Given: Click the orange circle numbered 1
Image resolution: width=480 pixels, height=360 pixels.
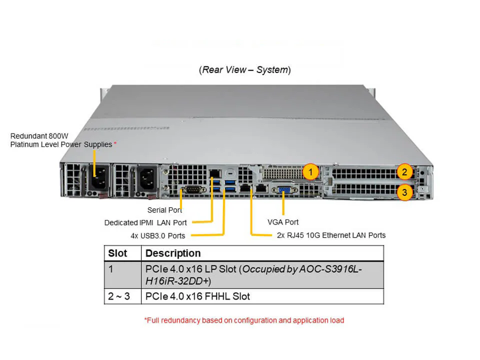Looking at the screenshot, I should pyautogui.click(x=310, y=172).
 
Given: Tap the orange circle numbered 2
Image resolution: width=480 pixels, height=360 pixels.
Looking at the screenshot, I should pyautogui.click(x=404, y=172).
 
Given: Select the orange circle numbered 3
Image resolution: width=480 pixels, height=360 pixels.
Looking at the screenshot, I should pyautogui.click(x=404, y=192).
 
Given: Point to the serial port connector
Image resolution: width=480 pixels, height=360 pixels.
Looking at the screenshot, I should pyautogui.click(x=192, y=189).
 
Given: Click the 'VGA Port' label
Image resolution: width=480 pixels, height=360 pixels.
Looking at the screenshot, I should pyautogui.click(x=283, y=221).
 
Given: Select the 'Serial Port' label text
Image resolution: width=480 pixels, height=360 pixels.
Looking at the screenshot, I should pyautogui.click(x=164, y=210).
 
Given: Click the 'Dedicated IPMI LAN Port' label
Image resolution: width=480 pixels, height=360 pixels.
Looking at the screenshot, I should pyautogui.click(x=145, y=222).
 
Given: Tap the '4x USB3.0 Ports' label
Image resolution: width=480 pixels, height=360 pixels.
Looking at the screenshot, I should pyautogui.click(x=154, y=235).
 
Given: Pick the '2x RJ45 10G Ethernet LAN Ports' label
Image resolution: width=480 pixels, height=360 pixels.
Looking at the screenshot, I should pyautogui.click(x=331, y=235).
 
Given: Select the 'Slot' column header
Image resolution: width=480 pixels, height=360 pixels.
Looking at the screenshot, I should pyautogui.click(x=117, y=253).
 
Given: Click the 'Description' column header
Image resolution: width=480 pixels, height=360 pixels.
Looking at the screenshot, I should pyautogui.click(x=173, y=253).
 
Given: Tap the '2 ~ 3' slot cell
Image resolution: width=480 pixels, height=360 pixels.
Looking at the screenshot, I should pyautogui.click(x=118, y=296).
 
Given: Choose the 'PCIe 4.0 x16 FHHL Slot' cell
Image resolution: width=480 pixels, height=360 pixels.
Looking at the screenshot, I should pyautogui.click(x=197, y=296).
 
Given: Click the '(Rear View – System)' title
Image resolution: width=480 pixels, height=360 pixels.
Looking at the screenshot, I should pyautogui.click(x=244, y=69).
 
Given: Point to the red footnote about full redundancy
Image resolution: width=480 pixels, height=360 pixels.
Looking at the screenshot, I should pyautogui.click(x=244, y=320).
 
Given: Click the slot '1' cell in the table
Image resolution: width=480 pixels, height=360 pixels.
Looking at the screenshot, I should pyautogui.click(x=111, y=269).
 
